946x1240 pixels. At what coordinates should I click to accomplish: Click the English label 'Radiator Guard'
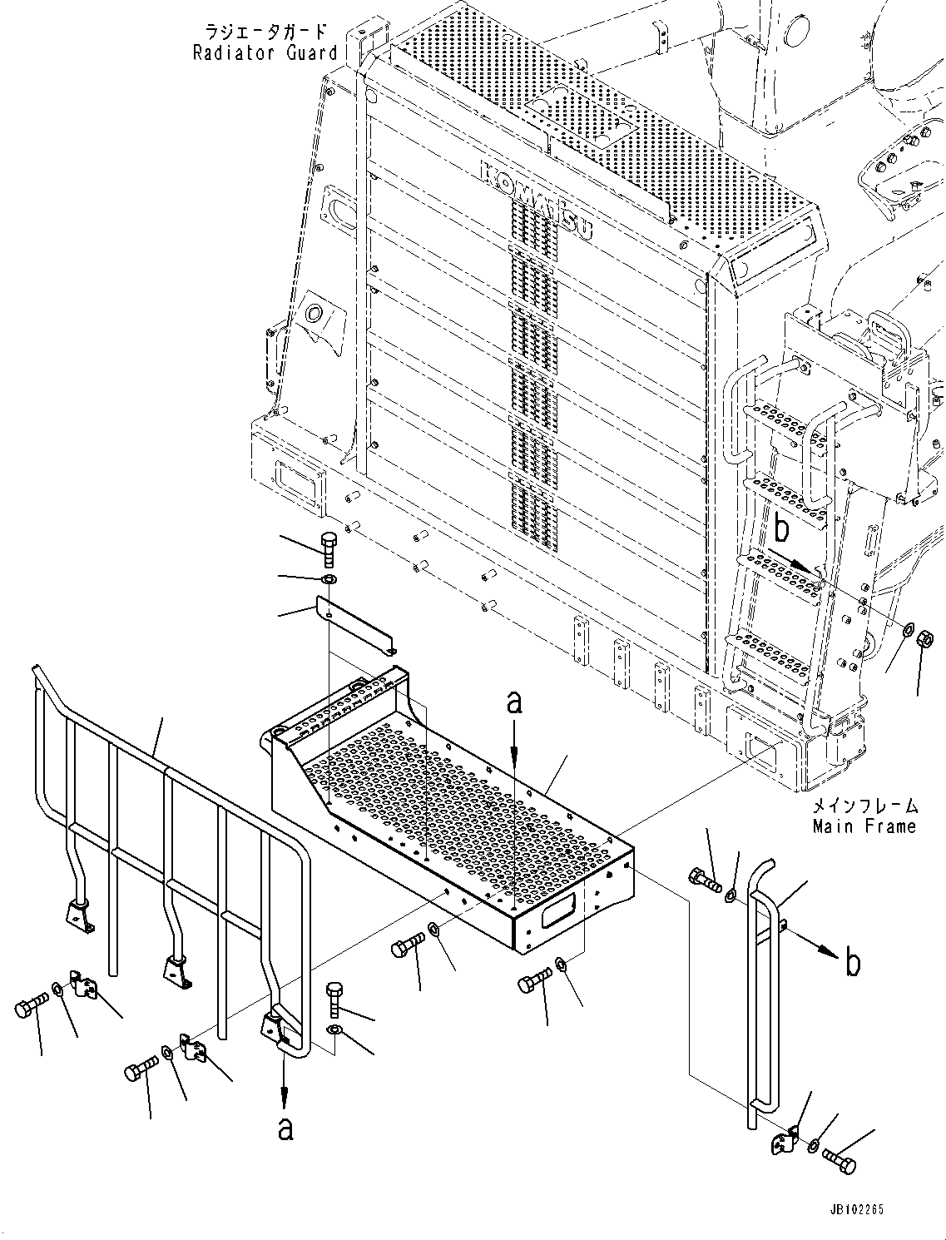(x=265, y=53)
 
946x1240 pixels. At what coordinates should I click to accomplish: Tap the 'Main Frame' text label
(x=864, y=826)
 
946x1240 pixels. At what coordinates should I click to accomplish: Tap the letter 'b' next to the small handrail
(x=851, y=963)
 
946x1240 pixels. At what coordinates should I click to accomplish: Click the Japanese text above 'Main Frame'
(x=864, y=805)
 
